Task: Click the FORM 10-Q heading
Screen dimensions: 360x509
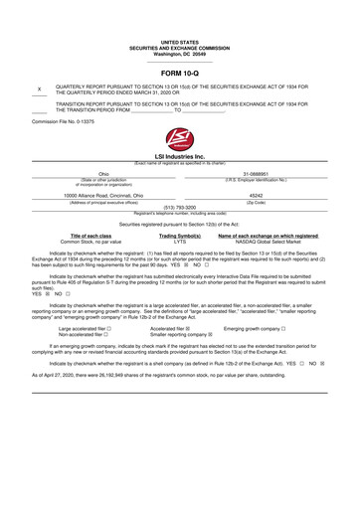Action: click(x=179, y=75)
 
